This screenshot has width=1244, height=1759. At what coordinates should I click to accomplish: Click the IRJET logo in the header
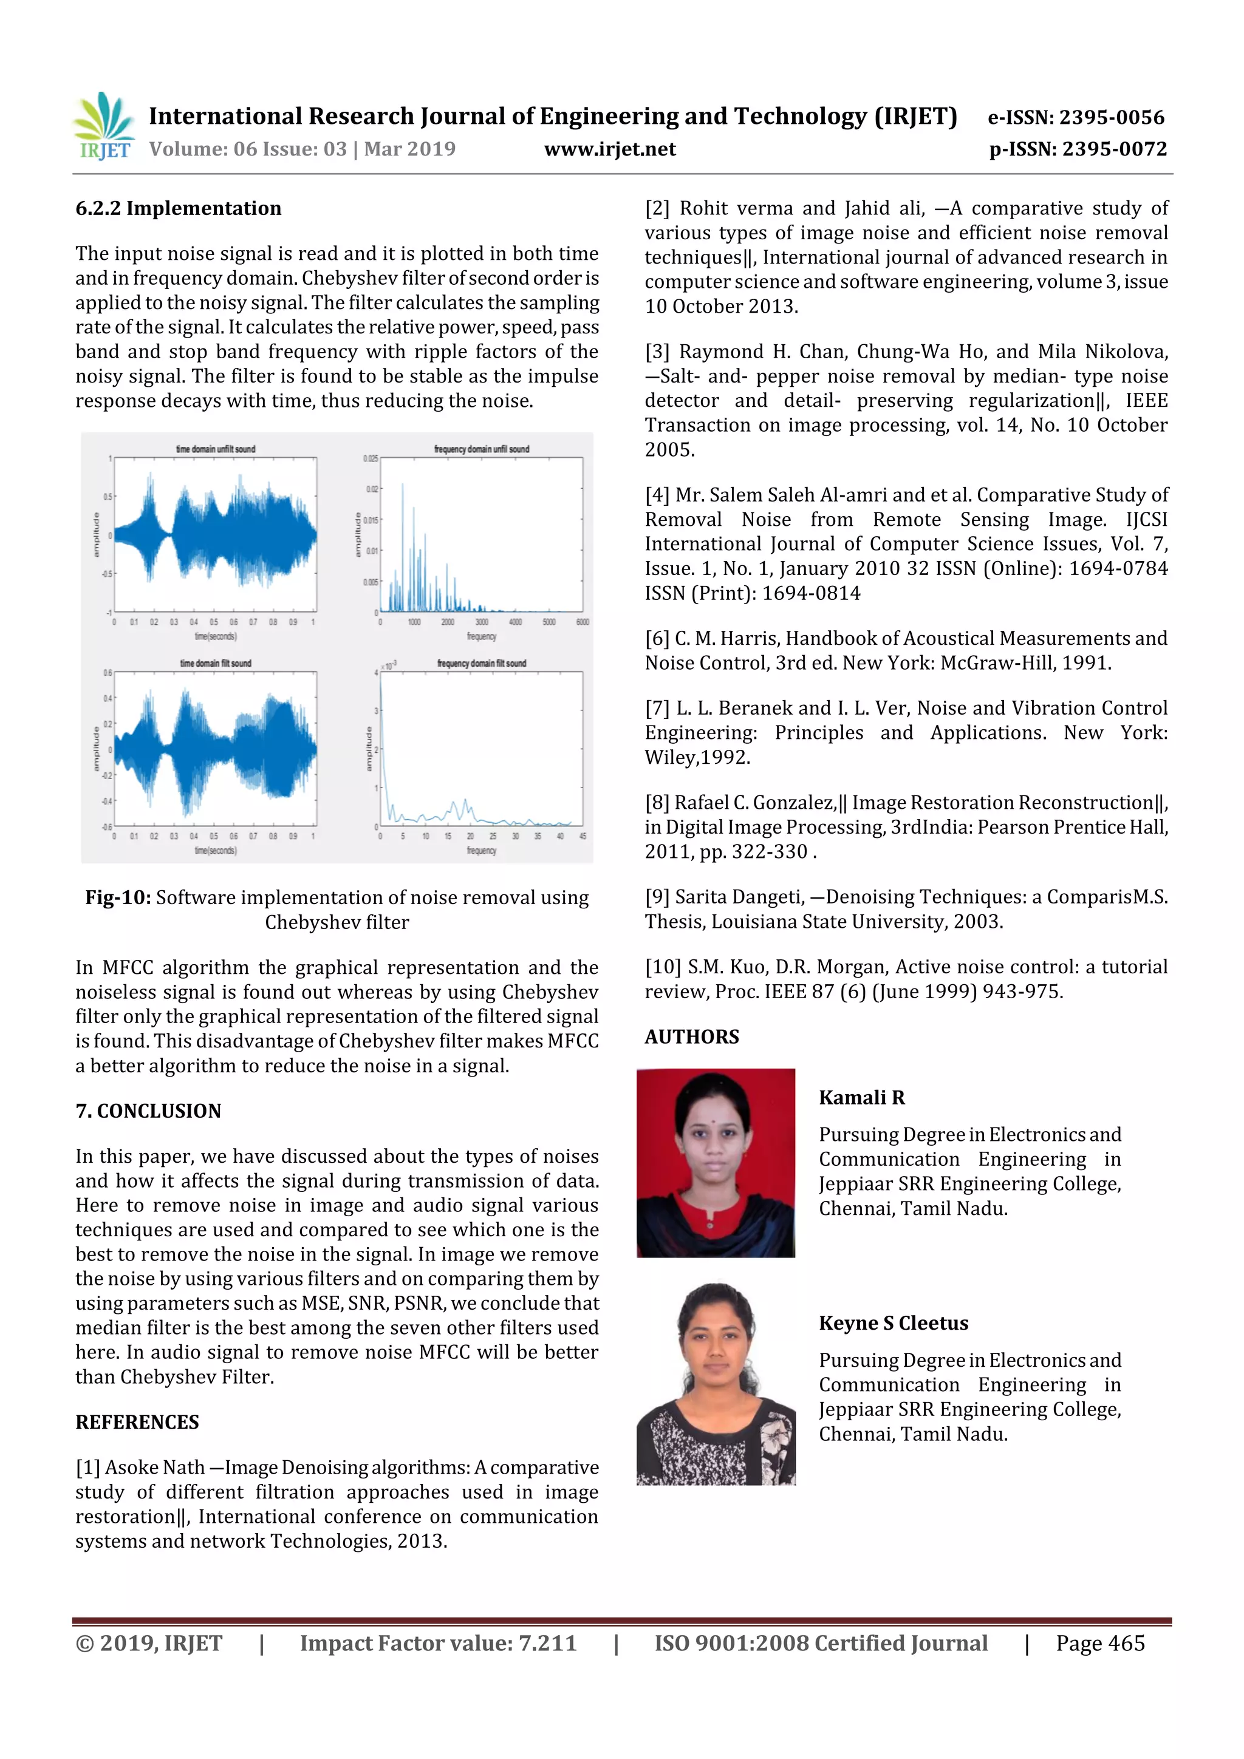point(103,126)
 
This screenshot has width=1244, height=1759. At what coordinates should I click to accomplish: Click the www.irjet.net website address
point(609,149)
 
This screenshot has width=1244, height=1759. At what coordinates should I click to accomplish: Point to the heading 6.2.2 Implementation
point(178,208)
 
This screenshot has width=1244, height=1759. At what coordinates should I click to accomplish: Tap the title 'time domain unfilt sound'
point(216,449)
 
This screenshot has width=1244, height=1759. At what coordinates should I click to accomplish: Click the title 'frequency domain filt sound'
point(481,664)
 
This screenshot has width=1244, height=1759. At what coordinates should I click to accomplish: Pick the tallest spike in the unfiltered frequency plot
point(402,486)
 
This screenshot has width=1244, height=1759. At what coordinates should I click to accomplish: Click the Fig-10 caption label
point(118,898)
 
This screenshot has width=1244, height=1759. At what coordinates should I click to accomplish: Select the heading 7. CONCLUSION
point(148,1111)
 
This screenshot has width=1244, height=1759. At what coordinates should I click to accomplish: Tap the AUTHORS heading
point(691,1037)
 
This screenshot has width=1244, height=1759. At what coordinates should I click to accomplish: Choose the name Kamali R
point(861,1098)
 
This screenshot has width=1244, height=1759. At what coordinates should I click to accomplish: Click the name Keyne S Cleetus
point(893,1323)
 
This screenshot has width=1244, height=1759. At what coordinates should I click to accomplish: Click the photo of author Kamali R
point(715,1163)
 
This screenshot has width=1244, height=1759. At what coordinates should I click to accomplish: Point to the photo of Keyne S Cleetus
point(715,1385)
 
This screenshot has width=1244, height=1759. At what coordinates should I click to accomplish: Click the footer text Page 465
point(1100,1643)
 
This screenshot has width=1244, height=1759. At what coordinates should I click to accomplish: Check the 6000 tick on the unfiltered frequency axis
point(583,622)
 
